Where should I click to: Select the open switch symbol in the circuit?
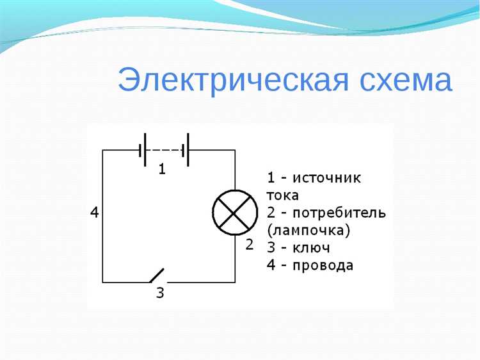[x=157, y=275]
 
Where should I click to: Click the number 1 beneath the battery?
[x=162, y=170]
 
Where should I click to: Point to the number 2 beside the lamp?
[x=250, y=244]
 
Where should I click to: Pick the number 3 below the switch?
[x=160, y=294]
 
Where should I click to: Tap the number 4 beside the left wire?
[x=95, y=213]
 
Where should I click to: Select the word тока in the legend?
[x=282, y=195]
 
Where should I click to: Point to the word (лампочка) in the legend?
[x=306, y=229]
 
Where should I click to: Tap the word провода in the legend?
[x=323, y=265]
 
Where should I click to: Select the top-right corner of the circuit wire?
[x=235, y=150]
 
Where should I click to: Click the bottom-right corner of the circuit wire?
[x=235, y=282]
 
